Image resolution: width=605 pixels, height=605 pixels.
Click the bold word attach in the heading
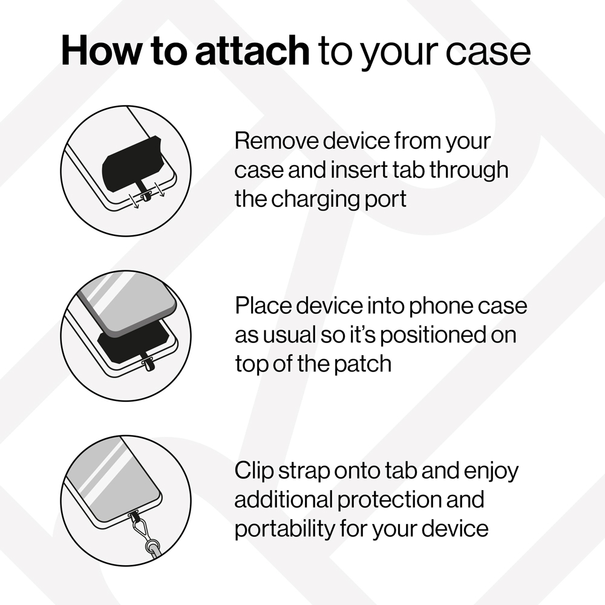coord(253,51)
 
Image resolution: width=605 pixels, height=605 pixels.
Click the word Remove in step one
coord(276,141)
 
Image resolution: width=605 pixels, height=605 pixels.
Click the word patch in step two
coord(362,364)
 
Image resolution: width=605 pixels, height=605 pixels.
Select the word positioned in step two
coord(433,336)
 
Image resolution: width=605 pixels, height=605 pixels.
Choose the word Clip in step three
coord(254,471)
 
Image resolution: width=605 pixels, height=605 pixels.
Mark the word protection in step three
coord(390,500)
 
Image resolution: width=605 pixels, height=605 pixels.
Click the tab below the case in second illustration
coord(148,364)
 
